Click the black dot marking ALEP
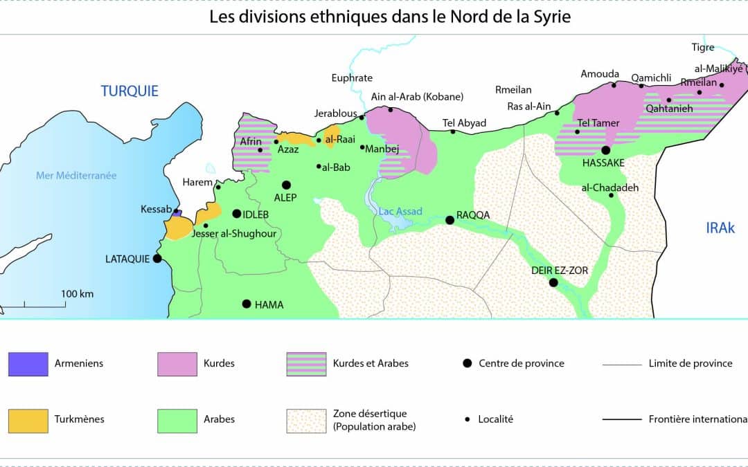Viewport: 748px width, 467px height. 285,185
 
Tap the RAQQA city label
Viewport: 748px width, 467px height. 473,215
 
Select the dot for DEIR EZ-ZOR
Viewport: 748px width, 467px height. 553,282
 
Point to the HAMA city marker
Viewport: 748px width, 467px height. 246,304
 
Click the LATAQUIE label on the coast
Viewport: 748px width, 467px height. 127,259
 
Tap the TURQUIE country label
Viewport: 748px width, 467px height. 130,91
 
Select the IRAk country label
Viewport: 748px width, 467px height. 720,228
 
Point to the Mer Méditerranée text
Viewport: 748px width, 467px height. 76,176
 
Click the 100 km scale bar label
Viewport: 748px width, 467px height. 77,294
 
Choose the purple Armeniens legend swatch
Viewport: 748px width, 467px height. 28,363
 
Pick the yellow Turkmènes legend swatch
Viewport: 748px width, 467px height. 28,420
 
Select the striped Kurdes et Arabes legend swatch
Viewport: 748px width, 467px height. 306,363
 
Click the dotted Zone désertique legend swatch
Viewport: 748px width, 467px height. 306,420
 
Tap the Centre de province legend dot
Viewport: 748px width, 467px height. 467,363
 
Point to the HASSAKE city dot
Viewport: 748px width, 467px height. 605,150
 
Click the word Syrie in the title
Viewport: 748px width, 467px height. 551,17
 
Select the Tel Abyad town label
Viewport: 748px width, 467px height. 464,123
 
